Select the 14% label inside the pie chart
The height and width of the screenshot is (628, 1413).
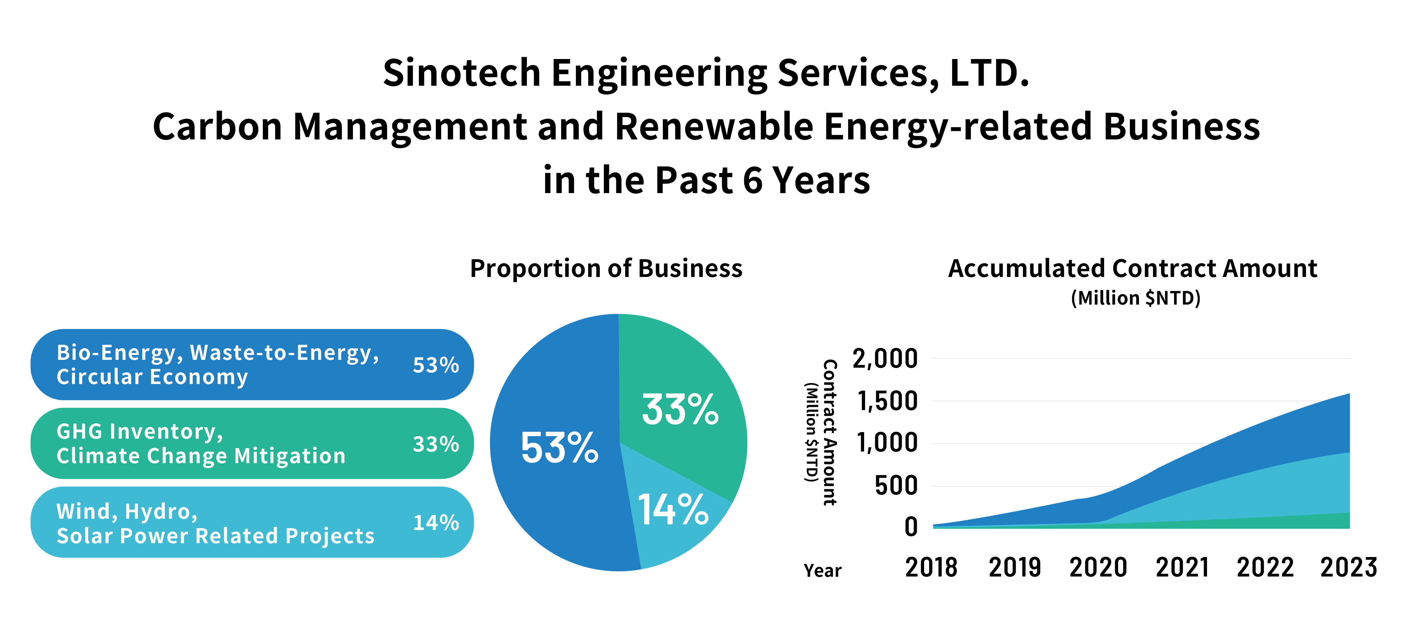click(673, 510)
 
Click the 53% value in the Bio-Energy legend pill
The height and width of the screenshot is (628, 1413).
click(436, 365)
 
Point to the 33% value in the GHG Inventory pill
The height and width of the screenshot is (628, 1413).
click(436, 444)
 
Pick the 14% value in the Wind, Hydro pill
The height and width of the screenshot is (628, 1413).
click(436, 523)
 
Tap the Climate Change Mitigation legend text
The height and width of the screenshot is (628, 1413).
click(201, 456)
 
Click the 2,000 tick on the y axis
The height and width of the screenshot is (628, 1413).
click(885, 359)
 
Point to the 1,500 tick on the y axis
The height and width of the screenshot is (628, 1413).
click(887, 402)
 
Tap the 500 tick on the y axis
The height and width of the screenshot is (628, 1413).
click(896, 486)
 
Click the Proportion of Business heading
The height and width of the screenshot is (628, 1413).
click(606, 269)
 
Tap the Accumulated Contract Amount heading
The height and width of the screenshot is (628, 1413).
click(1132, 269)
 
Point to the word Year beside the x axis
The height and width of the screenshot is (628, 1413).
click(822, 571)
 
